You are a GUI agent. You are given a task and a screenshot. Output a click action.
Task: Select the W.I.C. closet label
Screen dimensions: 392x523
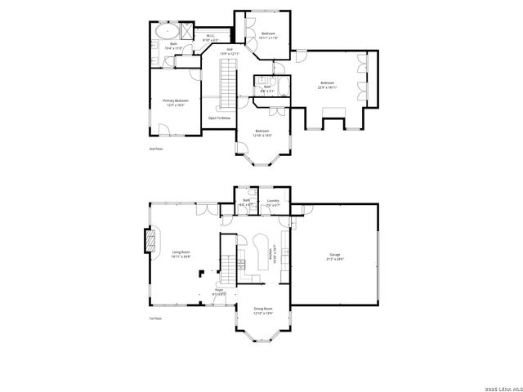tap(210, 37)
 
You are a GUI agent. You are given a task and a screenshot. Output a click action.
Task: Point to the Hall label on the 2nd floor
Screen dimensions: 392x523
tap(231, 51)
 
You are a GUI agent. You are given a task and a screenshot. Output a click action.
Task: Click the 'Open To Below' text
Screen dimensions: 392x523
tap(219, 118)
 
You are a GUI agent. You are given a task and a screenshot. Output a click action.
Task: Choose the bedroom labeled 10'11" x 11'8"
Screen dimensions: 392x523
tap(269, 35)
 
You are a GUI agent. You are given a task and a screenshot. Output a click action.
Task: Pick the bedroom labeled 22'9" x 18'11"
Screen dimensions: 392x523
tap(327, 84)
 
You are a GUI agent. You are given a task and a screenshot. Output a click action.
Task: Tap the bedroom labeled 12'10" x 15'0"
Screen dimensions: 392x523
tap(262, 133)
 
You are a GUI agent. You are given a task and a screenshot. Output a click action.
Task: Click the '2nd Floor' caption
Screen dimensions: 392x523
tap(155, 149)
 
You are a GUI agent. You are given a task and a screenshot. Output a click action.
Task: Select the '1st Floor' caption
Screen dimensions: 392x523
tap(155, 318)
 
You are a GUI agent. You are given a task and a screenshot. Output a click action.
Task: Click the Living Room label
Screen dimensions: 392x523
tap(181, 254)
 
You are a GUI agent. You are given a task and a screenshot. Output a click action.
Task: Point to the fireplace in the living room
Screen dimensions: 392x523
tap(149, 242)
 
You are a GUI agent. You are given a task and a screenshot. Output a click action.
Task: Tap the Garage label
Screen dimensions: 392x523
tap(336, 257)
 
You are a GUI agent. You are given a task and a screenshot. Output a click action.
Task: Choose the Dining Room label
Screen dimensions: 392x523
tap(262, 311)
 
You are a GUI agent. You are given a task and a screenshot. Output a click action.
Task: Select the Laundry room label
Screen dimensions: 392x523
tap(273, 202)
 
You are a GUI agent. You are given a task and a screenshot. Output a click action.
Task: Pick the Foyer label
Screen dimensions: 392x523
tap(219, 291)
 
